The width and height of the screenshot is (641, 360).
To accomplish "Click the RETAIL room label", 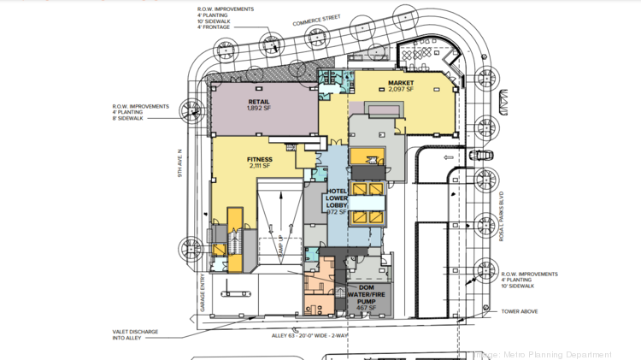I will click(x=260, y=100).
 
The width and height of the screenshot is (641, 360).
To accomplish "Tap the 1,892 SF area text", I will click(x=260, y=109).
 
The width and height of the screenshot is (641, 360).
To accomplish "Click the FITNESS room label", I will click(x=259, y=159).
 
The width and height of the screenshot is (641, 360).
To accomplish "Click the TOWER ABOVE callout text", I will click(x=520, y=311).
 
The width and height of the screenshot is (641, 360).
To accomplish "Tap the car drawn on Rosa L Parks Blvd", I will click(x=479, y=156).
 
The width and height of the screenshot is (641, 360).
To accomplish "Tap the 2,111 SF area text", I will click(x=259, y=168).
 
